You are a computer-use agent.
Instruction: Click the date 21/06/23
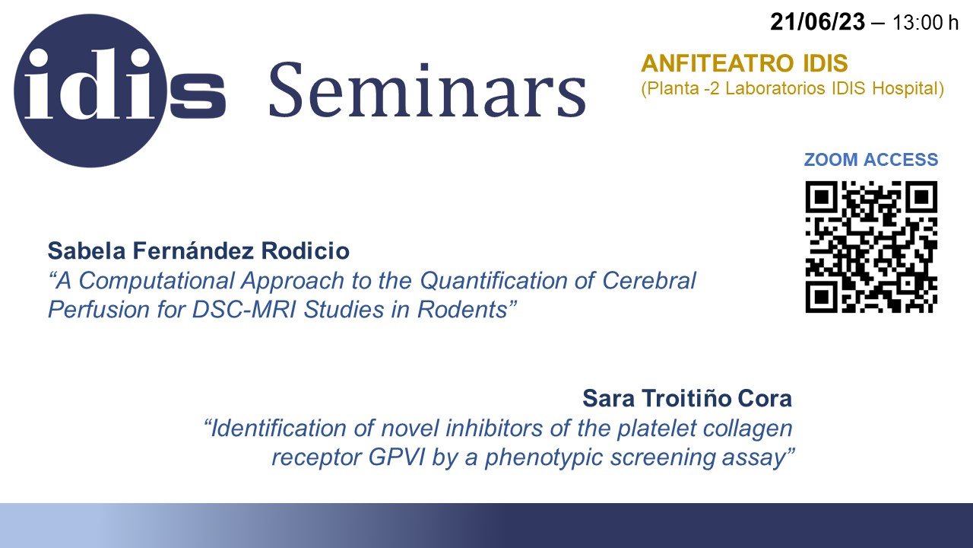point(817,22)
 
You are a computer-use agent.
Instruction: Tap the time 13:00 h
point(925,23)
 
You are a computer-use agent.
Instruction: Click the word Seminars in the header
point(428,91)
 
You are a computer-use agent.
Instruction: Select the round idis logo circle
point(90,91)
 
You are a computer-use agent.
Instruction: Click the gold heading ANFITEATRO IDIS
point(744,63)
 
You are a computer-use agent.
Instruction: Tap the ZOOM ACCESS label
point(871,160)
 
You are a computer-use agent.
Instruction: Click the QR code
point(871,247)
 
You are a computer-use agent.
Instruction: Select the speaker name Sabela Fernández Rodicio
point(198,251)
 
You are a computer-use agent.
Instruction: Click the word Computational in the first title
point(157,281)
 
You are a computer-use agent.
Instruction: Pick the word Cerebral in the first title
point(649,281)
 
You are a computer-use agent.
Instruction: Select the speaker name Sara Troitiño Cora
point(687,398)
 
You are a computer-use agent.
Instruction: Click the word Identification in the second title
point(293,428)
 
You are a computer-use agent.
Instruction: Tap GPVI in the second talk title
point(396,457)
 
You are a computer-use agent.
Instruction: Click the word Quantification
point(493,281)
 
